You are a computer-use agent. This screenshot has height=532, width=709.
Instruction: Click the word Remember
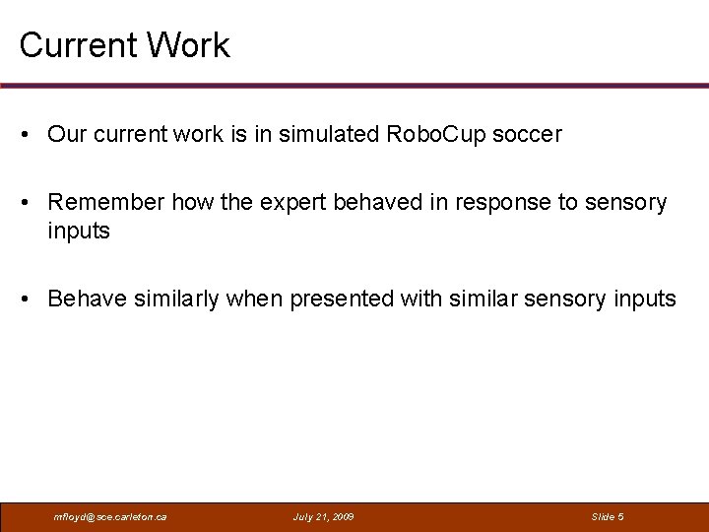(106, 203)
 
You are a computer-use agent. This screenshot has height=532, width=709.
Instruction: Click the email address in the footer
(109, 517)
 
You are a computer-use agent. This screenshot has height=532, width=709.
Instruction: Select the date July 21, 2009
(323, 517)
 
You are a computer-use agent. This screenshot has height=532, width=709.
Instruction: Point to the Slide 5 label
(608, 517)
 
